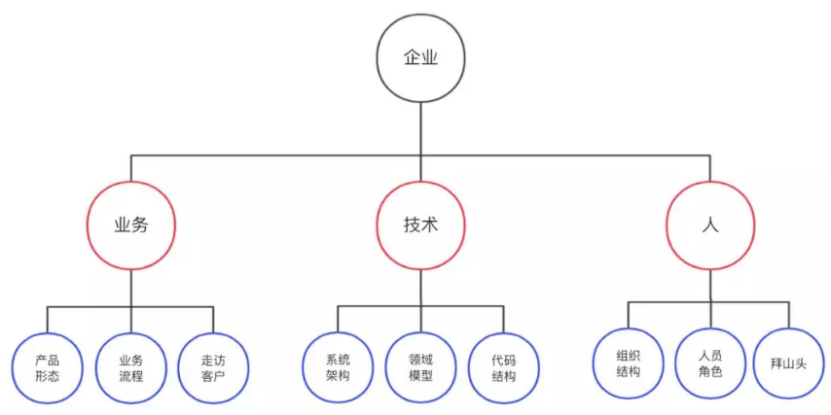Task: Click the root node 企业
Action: (x=420, y=58)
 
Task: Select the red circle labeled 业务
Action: (x=130, y=225)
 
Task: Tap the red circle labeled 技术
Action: (x=420, y=225)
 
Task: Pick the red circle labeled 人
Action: (x=709, y=225)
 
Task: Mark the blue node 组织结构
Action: (x=628, y=363)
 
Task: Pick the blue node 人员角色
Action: (x=710, y=363)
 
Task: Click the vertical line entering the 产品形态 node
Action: (x=47, y=320)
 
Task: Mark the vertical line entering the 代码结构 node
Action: (x=504, y=320)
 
